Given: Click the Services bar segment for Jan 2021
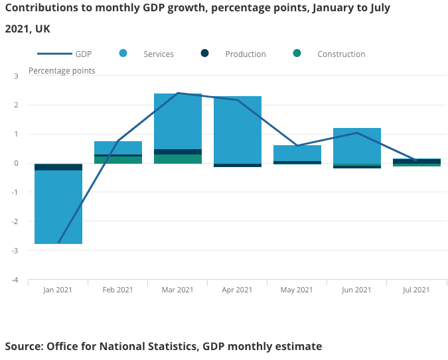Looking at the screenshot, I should tap(58, 207).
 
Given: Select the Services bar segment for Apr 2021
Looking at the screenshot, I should tap(238, 130).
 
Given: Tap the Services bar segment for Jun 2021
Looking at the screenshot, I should tap(357, 145).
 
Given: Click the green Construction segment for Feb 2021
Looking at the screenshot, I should tap(118, 160).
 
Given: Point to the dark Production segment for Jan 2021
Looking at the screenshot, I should tap(58, 167).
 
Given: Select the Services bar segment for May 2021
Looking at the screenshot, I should tap(297, 153).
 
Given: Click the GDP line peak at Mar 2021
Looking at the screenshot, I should tap(178, 93).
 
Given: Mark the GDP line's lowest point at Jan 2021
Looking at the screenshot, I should tap(58, 243).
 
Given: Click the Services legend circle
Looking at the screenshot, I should tap(123, 54).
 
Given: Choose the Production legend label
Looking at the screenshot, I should tap(246, 54).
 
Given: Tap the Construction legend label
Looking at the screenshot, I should tap(341, 54).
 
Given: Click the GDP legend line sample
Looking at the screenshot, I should tap(53, 54).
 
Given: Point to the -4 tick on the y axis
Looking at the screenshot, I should tap(15, 280).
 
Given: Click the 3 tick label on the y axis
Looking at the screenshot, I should tap(16, 76).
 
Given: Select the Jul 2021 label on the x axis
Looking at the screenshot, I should tap(416, 290).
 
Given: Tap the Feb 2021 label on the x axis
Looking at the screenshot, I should tap(117, 290).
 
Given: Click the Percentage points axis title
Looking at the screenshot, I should tap(62, 71).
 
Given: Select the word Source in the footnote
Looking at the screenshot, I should tap(21, 346).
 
